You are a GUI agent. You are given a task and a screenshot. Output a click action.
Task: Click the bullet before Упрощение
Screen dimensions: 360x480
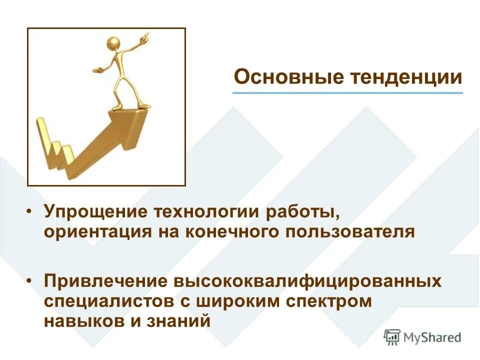click(x=31, y=212)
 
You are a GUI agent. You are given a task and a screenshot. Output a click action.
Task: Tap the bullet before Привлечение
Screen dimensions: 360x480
click(x=31, y=281)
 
